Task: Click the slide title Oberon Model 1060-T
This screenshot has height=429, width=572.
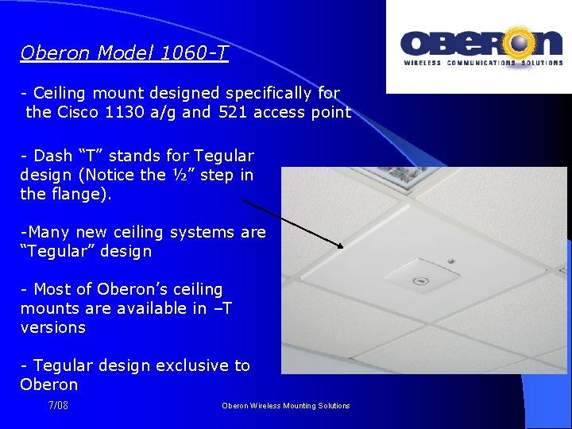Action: click(x=124, y=54)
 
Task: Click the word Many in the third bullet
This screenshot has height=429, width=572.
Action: click(x=47, y=233)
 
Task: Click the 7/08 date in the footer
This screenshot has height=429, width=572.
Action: click(x=58, y=406)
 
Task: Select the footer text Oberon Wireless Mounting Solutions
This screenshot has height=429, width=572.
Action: click(x=285, y=406)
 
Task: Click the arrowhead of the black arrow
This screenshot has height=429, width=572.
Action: click(x=340, y=246)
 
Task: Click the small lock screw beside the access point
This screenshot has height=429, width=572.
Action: click(x=450, y=261)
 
